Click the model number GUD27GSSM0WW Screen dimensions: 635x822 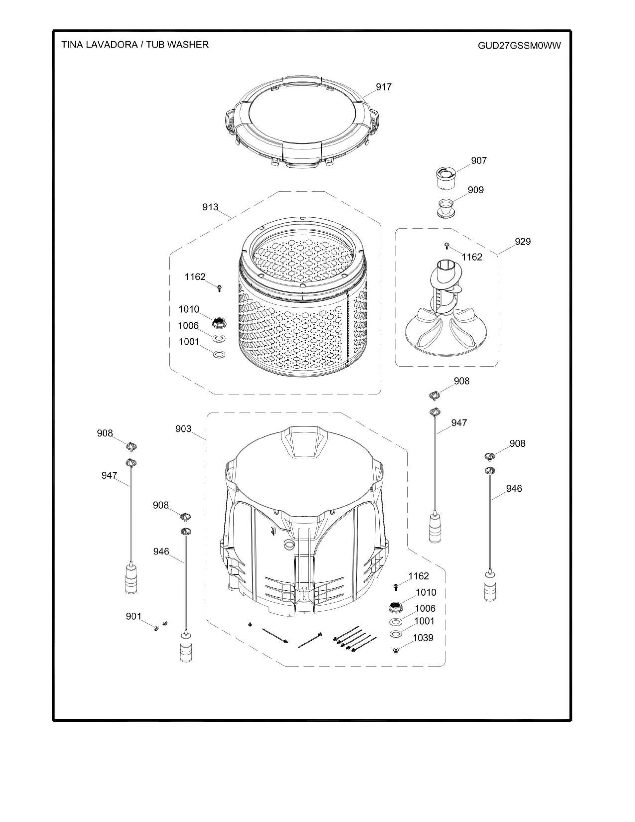tap(519, 46)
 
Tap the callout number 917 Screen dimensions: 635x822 tap(384, 87)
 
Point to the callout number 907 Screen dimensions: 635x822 tap(479, 161)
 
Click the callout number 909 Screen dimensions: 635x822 tap(476, 190)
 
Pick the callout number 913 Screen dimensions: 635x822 tap(210, 207)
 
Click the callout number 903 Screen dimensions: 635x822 tap(184, 429)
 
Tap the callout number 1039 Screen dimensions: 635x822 tap(423, 638)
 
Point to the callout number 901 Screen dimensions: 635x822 tap(133, 616)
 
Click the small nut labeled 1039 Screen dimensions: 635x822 tap(395, 649)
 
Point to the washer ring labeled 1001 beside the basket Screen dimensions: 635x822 tap(219, 354)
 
